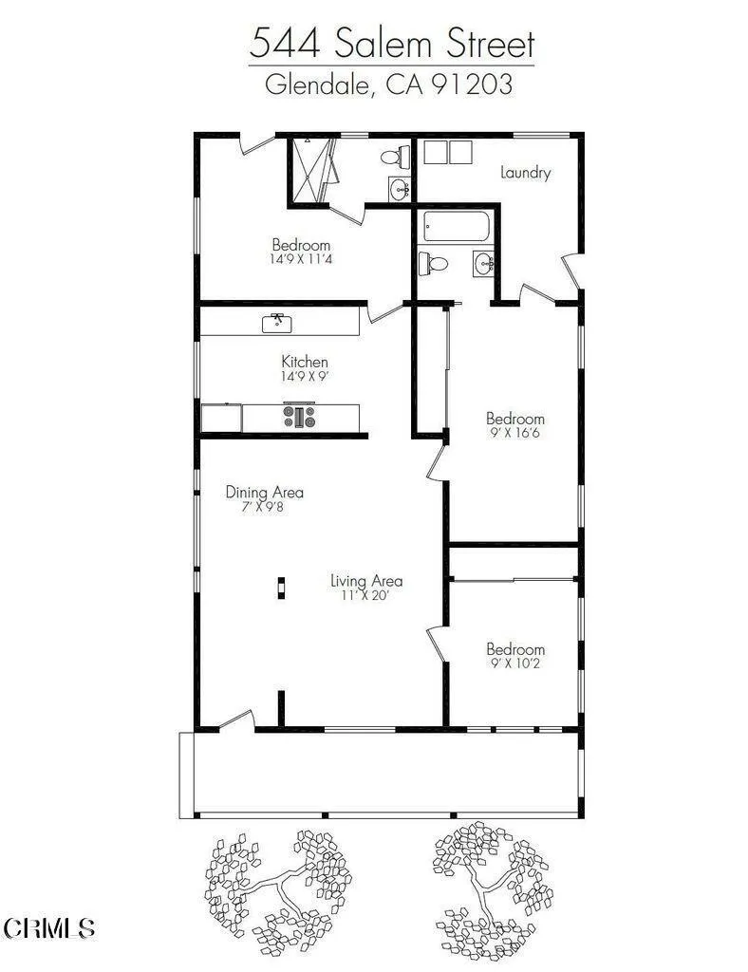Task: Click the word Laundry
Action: click(525, 173)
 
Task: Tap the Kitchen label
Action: click(305, 362)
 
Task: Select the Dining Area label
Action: click(265, 493)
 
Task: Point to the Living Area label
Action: click(366, 581)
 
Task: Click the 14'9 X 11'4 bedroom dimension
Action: click(301, 259)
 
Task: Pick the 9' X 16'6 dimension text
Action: click(515, 433)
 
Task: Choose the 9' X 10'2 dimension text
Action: click(515, 664)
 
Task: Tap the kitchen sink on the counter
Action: click(277, 323)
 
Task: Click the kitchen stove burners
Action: click(300, 416)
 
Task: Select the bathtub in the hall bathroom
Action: click(458, 226)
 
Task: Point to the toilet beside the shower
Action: click(394, 157)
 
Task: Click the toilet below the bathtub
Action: click(433, 264)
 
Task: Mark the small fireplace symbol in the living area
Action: click(281, 589)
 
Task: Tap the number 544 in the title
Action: click(285, 44)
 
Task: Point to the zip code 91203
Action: click(472, 84)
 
